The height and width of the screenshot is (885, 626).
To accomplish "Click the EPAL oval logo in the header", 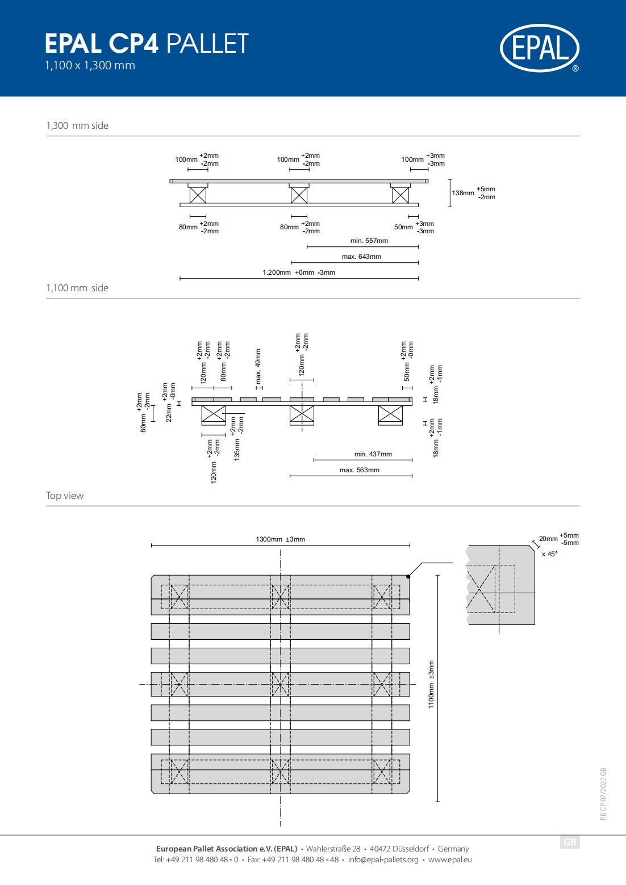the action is (x=540, y=48).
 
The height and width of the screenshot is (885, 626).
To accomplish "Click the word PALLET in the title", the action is (x=207, y=43).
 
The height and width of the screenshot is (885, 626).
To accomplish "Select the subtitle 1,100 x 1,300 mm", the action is (x=90, y=65).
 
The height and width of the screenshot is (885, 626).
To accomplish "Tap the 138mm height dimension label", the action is (x=462, y=193).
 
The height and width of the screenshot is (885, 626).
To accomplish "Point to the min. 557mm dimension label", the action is (x=369, y=241).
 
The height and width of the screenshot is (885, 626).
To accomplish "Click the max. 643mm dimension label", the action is (x=361, y=257).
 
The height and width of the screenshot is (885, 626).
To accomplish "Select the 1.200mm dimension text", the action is (x=277, y=272).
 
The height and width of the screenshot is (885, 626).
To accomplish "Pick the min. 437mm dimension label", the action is (x=373, y=454).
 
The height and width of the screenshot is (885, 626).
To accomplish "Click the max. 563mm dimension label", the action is (x=360, y=470).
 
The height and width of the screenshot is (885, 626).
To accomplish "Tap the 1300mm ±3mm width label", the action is (x=281, y=539).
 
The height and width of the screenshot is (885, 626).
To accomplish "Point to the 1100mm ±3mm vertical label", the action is (x=431, y=684).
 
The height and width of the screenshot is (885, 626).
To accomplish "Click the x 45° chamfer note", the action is (x=550, y=554).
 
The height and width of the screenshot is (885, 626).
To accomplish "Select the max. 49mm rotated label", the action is (x=258, y=366).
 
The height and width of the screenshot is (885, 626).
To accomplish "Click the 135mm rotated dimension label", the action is (x=237, y=450).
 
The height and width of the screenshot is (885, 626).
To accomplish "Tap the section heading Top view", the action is (x=64, y=496).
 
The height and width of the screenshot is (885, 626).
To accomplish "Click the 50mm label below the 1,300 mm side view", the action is (x=403, y=227).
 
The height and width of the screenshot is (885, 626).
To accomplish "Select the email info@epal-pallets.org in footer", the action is (x=383, y=859).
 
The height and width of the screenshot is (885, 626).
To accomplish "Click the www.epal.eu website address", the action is (x=450, y=859).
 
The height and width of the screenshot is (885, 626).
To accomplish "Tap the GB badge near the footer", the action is (x=570, y=842).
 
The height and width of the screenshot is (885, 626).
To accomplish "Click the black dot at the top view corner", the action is (x=408, y=576).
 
